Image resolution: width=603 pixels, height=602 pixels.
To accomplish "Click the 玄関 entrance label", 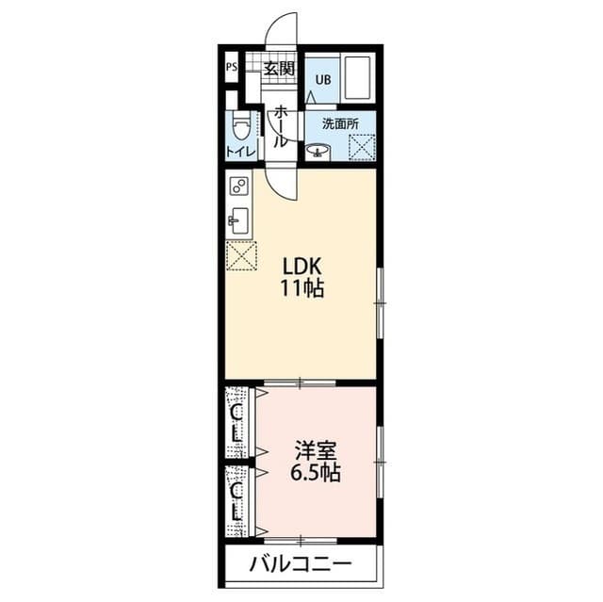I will click(280, 68).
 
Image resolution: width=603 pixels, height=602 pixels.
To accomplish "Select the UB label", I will click(322, 79).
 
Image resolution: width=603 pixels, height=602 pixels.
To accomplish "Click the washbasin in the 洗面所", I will click(318, 149).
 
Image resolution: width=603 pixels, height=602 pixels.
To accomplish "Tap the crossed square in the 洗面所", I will click(362, 146).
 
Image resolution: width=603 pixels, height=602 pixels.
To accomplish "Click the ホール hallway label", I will click(281, 126).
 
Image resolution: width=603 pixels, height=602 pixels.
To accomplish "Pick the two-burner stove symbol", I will click(238, 185).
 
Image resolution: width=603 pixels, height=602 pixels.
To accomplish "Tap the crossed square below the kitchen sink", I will click(241, 255).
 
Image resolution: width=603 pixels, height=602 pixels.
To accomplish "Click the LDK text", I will click(301, 268).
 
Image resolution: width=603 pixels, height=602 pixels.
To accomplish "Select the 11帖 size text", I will click(301, 290).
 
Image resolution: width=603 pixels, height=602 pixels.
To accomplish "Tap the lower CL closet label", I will click(236, 500).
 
